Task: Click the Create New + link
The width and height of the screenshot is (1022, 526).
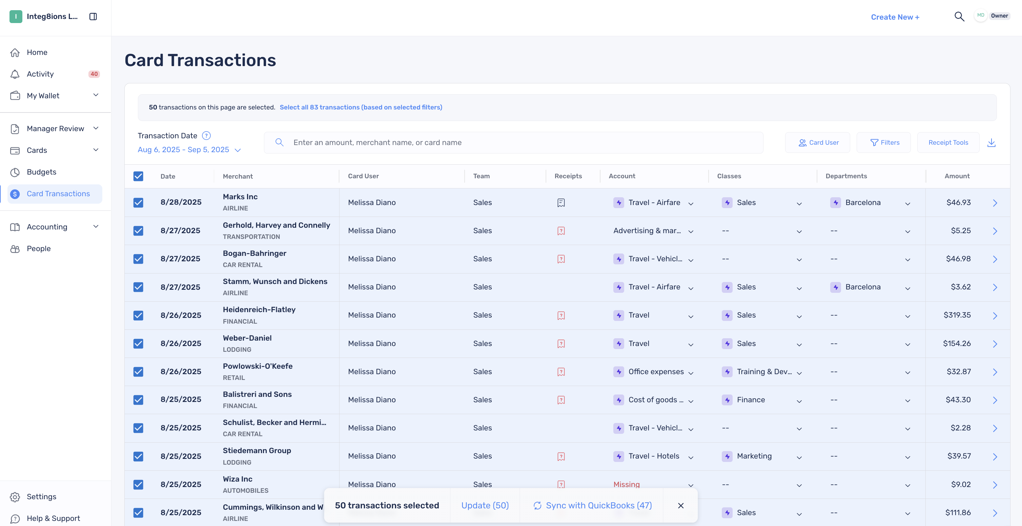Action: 895,17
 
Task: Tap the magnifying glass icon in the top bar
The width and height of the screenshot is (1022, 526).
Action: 959,16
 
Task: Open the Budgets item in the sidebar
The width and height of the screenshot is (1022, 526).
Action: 42,172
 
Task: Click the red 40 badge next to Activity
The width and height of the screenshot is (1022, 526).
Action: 94,74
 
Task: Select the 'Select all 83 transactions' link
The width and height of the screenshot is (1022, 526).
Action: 361,107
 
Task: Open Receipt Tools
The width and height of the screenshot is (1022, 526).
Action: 948,142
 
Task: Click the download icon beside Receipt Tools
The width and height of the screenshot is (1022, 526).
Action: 992,142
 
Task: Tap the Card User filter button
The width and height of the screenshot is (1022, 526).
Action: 818,142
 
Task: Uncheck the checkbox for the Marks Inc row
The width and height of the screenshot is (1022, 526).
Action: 138,202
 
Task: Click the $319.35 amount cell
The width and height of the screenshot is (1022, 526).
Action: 957,315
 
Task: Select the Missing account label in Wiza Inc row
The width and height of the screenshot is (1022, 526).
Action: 627,484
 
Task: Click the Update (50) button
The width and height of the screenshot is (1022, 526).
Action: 485,505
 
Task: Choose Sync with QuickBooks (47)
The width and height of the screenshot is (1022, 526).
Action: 592,505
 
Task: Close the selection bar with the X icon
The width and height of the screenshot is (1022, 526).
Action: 681,505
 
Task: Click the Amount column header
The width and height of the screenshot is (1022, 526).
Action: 957,176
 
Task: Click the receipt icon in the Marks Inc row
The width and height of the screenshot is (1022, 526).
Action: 561,203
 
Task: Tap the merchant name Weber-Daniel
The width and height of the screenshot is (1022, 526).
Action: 247,338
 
